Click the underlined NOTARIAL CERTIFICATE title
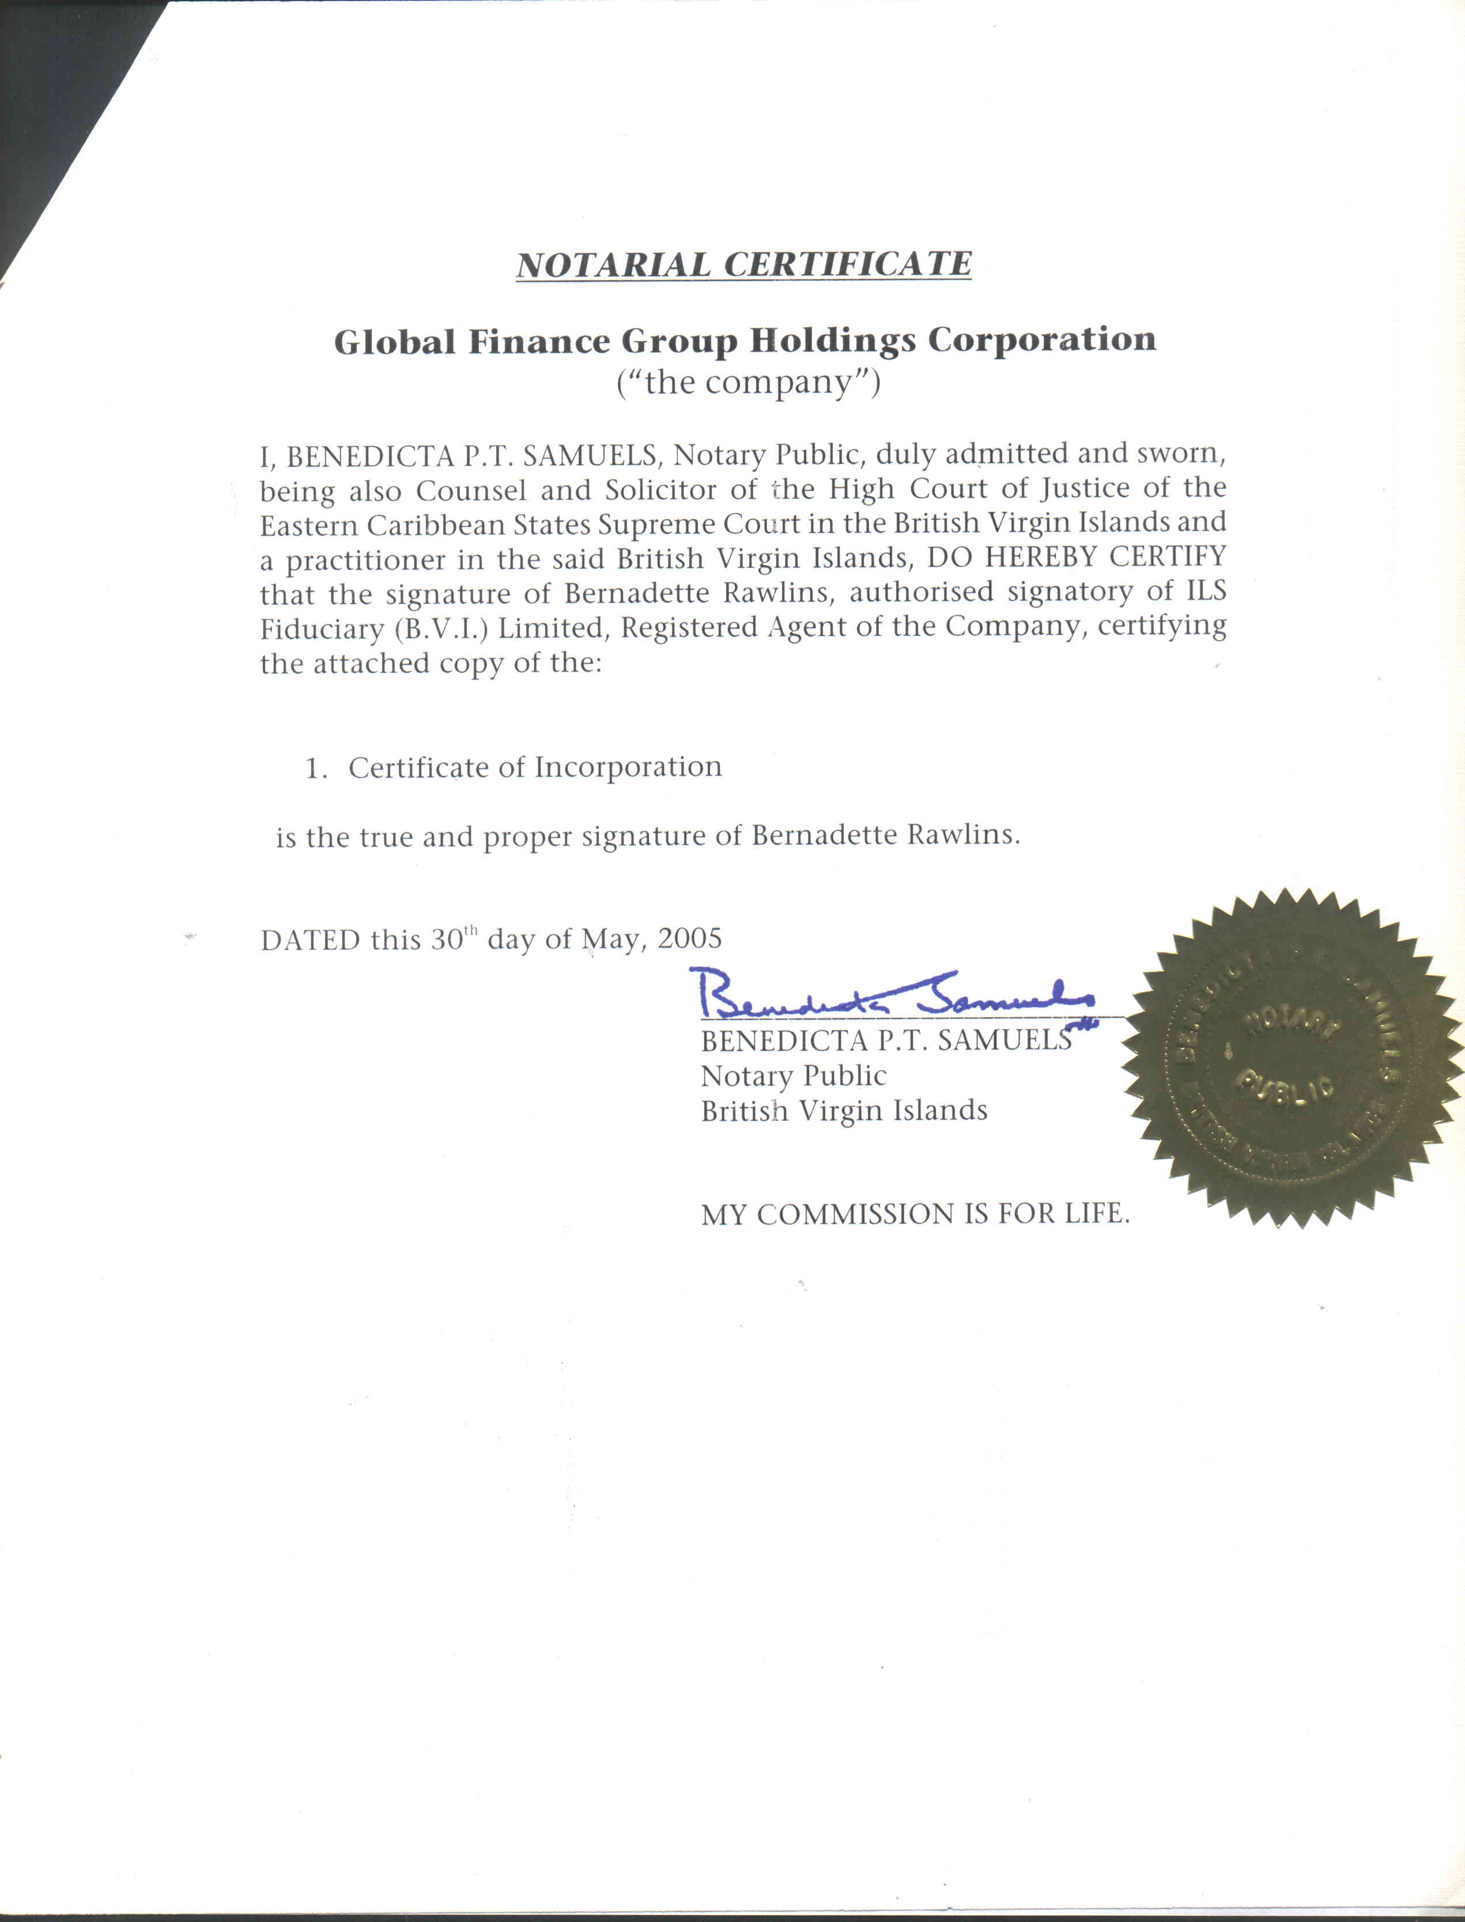click(x=744, y=264)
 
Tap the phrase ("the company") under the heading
click(x=748, y=382)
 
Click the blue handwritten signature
click(x=889, y=995)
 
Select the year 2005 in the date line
click(x=690, y=939)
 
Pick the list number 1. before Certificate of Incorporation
click(x=316, y=768)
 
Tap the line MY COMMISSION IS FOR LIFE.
click(x=915, y=1214)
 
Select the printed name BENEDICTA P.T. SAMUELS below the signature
click(x=886, y=1041)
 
